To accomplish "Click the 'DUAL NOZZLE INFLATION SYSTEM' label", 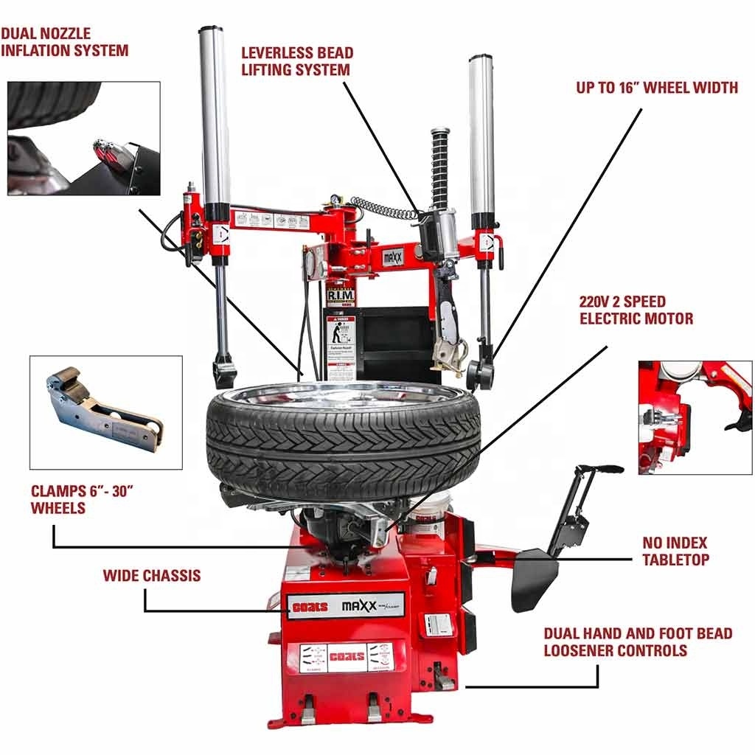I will pyautogui.click(x=65, y=43).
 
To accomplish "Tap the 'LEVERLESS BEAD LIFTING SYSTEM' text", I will pyautogui.click(x=297, y=61).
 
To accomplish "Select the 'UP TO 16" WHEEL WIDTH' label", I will pyautogui.click(x=657, y=88).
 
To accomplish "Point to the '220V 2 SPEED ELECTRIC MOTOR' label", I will pyautogui.click(x=636, y=310).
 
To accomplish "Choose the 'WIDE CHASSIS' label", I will pyautogui.click(x=151, y=575).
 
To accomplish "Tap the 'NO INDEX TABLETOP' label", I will pyautogui.click(x=675, y=552).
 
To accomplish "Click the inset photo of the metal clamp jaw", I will pyautogui.click(x=105, y=413).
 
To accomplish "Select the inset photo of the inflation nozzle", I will pyautogui.click(x=83, y=139).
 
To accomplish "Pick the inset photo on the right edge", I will pyautogui.click(x=695, y=417).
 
